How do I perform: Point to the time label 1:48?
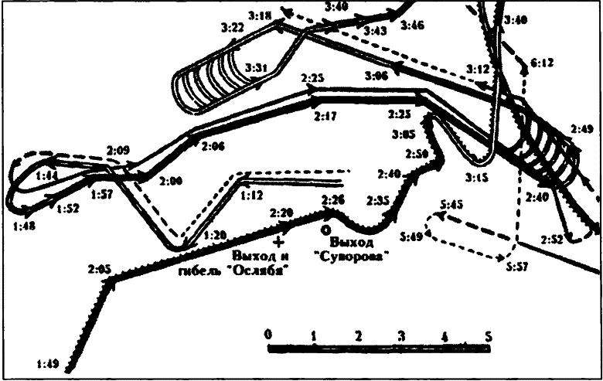click(x=24, y=226)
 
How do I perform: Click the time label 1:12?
click(x=252, y=196)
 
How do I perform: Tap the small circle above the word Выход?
click(x=325, y=230)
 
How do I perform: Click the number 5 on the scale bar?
click(x=489, y=336)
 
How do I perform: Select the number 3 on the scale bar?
click(x=400, y=336)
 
